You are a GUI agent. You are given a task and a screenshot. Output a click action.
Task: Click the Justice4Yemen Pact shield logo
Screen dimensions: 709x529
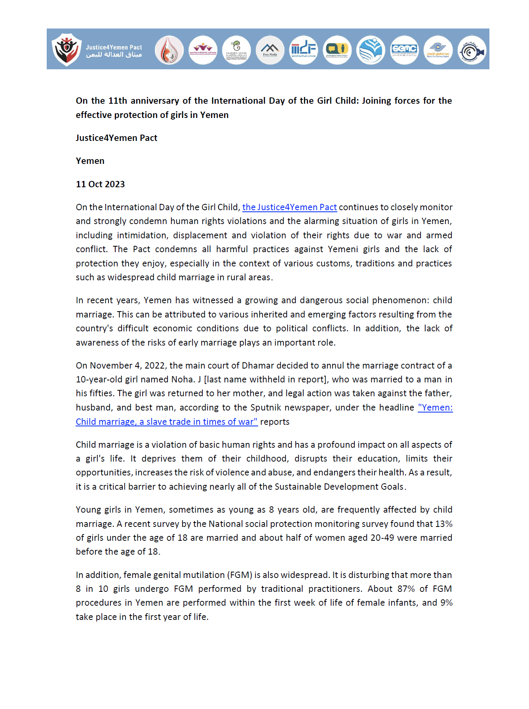[67, 49]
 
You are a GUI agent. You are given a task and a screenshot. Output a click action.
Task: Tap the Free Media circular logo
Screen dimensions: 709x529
[270, 50]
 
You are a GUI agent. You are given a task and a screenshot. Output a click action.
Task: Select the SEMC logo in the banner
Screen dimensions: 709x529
[404, 50]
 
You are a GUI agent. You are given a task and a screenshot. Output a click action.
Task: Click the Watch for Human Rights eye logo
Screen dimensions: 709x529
[438, 50]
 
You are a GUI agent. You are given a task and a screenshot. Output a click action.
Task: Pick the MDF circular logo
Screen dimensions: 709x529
[304, 50]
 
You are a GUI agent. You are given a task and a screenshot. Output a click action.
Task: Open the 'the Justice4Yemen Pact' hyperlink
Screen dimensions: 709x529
[289, 207]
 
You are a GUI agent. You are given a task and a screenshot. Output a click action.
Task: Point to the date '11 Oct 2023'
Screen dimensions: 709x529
[100, 184]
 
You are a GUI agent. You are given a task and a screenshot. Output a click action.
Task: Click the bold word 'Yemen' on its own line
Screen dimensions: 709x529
[90, 161]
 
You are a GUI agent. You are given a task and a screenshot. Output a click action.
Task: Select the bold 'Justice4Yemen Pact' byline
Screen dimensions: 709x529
[116, 138]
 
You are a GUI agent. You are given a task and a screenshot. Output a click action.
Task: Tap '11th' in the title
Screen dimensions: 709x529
[118, 101]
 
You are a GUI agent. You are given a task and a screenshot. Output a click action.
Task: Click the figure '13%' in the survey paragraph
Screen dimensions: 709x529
[443, 524]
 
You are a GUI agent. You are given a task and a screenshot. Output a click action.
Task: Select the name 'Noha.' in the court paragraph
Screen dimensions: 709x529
[183, 380]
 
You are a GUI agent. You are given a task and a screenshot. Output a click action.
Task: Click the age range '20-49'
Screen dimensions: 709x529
[382, 538]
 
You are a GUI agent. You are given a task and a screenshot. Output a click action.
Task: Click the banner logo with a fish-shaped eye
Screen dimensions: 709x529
[472, 50]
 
